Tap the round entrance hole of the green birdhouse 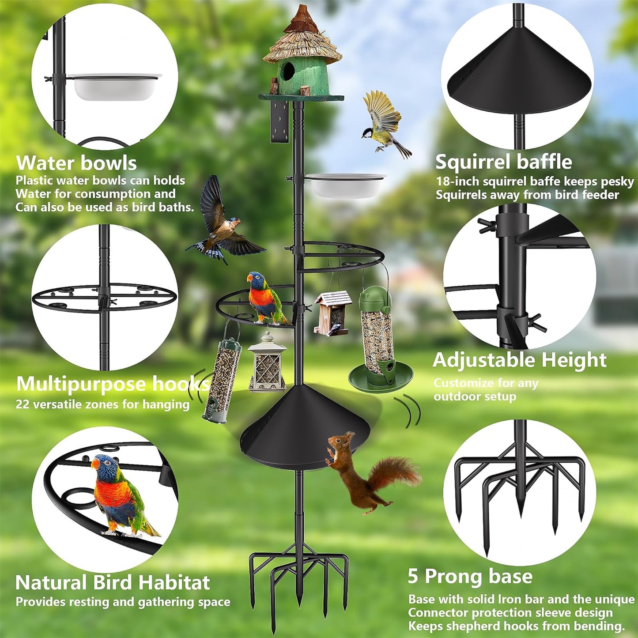(288, 71)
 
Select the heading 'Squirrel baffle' (503, 162)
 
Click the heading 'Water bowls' (76, 163)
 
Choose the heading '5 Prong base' (470, 576)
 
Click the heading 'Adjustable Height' (519, 360)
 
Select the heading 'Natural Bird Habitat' (113, 583)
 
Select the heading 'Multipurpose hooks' (113, 384)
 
